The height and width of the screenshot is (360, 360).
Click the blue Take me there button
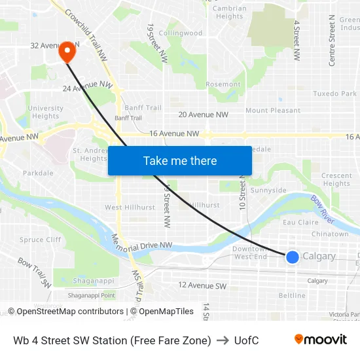coord(180,160)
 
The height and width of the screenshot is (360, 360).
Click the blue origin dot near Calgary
coord(293,257)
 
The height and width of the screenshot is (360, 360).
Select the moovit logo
coord(320,340)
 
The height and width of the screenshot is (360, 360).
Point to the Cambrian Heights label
coord(230,12)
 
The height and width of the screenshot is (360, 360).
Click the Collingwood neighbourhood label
coord(180,33)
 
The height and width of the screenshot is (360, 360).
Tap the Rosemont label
coord(223,84)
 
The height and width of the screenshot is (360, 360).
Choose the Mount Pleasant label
coord(273,111)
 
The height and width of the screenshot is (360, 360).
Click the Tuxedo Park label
coord(334,94)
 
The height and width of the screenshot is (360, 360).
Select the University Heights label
coord(45,112)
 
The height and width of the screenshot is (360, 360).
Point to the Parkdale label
coord(38,173)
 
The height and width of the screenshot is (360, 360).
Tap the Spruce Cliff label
coord(41,240)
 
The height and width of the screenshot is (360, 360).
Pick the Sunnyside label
coord(268,190)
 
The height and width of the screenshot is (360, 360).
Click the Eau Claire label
coord(300,223)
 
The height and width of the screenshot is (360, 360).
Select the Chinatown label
coord(330,234)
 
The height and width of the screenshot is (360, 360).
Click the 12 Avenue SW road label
coord(202,285)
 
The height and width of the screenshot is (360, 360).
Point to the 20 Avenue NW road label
coord(203,115)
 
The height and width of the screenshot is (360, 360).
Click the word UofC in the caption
coord(245,340)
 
